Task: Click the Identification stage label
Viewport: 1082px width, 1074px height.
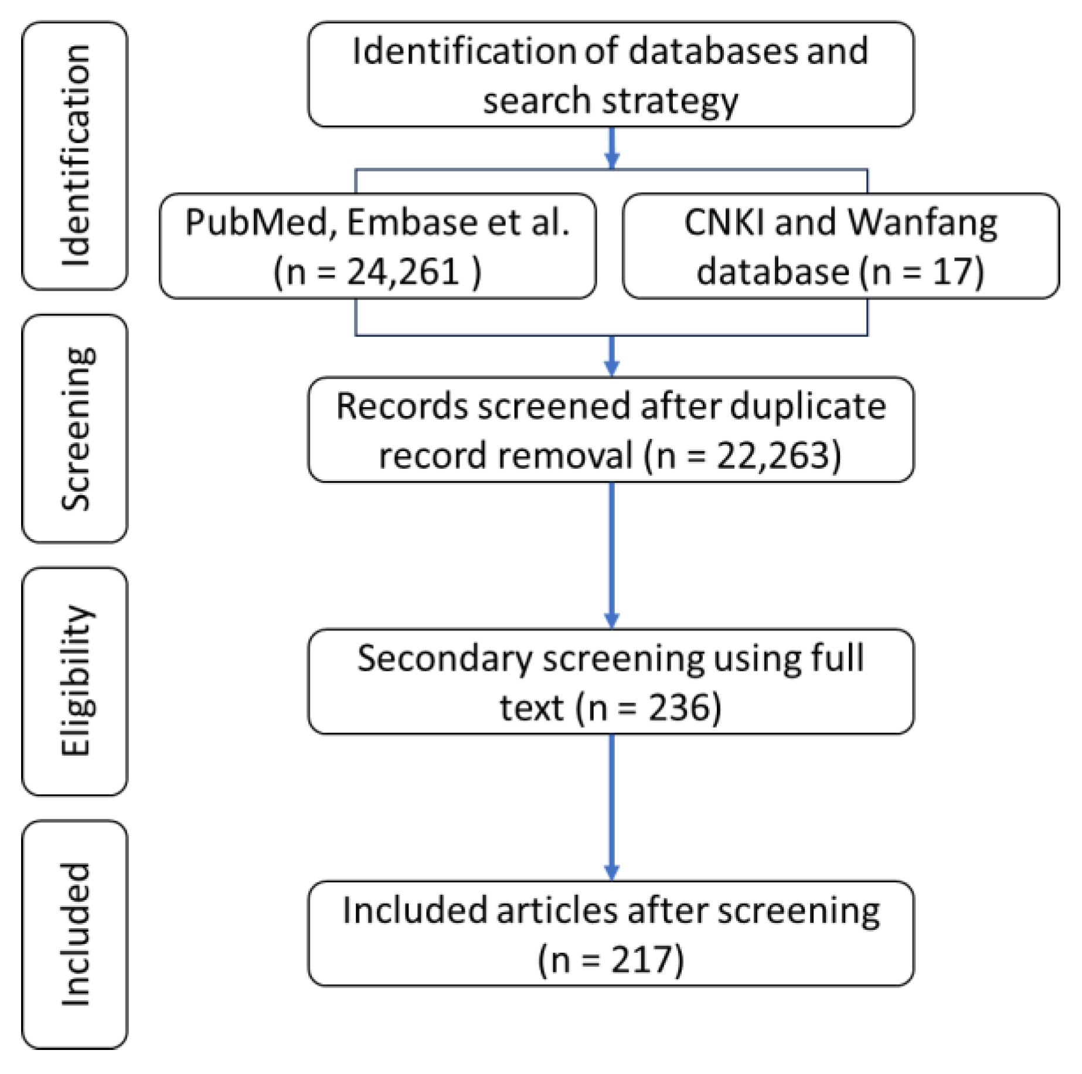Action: (x=75, y=155)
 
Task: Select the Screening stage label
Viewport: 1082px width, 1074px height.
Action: (x=75, y=428)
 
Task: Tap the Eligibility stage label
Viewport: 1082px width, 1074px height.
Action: (x=75, y=681)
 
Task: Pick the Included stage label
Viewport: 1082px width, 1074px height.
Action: (x=75, y=935)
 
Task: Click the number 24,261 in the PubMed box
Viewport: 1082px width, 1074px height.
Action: (x=403, y=272)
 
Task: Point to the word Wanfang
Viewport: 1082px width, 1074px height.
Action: (x=923, y=223)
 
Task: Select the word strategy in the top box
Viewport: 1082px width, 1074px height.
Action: (x=671, y=101)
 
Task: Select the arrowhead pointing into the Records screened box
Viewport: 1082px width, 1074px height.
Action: (x=611, y=367)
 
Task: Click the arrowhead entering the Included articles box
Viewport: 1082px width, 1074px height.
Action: (x=611, y=872)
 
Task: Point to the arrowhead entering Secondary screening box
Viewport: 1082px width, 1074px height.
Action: (x=611, y=620)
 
